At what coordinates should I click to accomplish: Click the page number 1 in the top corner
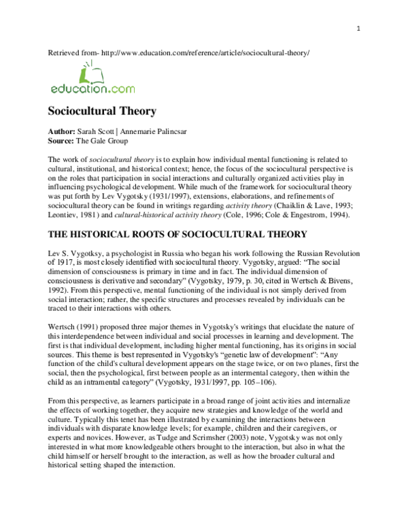tap(357, 27)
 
